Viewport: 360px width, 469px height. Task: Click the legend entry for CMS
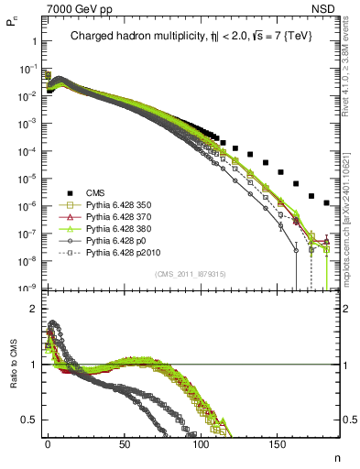click(96, 192)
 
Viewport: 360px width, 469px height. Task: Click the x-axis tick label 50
click(124, 443)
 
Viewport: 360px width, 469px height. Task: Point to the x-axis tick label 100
click(201, 443)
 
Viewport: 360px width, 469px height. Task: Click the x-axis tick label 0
click(48, 443)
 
